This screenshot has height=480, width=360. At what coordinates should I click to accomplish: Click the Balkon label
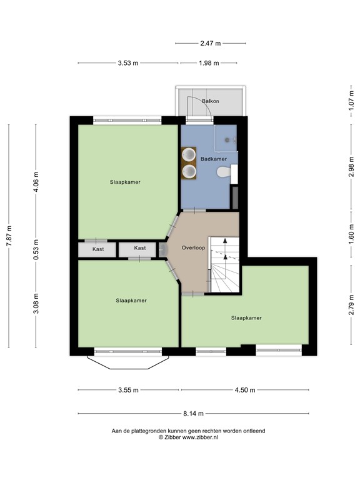point(210,101)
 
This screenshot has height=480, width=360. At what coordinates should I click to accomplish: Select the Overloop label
point(194,247)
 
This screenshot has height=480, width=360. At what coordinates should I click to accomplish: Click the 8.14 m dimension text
point(194,414)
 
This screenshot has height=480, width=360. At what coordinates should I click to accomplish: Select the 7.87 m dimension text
point(9,236)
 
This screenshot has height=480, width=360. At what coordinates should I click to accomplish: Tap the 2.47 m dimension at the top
point(210,44)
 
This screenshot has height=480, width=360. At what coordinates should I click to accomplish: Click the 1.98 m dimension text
point(208,63)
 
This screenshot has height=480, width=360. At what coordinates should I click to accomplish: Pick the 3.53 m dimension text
point(128,63)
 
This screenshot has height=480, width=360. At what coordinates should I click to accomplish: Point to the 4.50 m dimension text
point(245,390)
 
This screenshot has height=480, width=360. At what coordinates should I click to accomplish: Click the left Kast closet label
point(97,249)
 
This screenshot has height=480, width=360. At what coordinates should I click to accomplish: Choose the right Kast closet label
point(140,248)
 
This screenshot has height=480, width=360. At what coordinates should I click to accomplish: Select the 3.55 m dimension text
point(129,390)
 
